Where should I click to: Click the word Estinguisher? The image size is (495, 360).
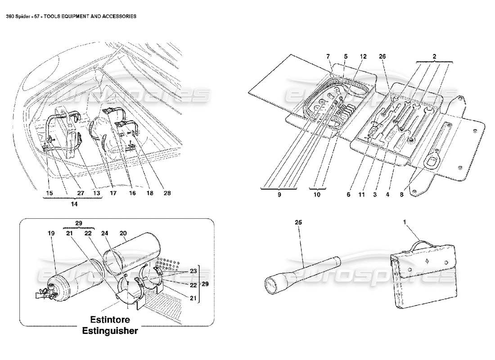(110, 331)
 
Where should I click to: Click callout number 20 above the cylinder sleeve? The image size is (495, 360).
(123, 234)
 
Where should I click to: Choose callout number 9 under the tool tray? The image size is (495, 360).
(279, 195)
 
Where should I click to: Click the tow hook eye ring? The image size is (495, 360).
(434, 159)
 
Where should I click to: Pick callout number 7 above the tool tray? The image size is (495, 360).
(328, 57)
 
